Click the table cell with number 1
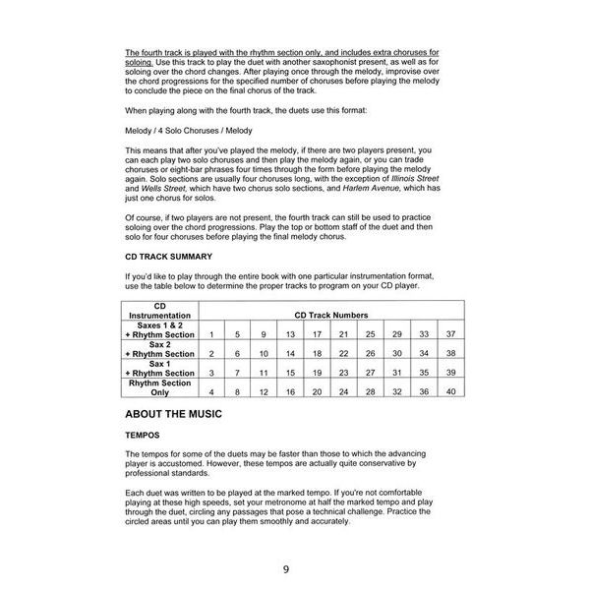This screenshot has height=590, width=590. (x=211, y=335)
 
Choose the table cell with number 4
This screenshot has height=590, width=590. (x=211, y=392)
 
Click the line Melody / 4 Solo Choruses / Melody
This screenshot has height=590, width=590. (x=188, y=129)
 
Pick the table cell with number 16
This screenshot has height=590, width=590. (x=291, y=392)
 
